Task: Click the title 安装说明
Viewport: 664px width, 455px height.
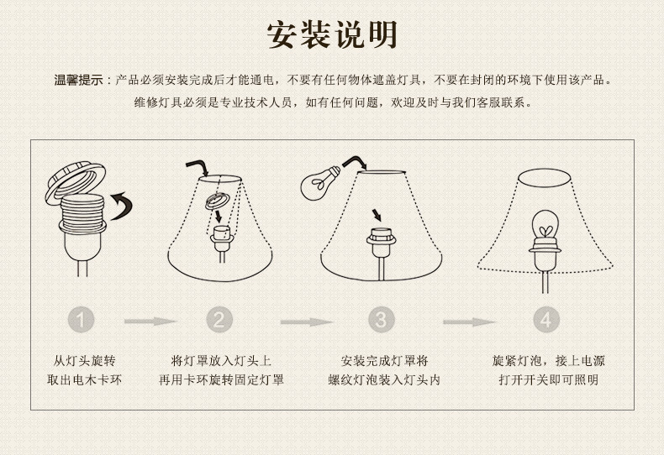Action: click(333, 35)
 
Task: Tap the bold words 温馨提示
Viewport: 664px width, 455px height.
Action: click(79, 80)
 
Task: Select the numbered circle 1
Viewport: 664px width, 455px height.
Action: click(81, 320)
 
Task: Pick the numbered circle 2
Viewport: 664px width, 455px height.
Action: click(219, 320)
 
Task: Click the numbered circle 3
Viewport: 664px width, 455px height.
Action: click(381, 320)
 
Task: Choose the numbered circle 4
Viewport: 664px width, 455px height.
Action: click(546, 320)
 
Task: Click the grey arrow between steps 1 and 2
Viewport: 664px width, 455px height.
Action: click(150, 322)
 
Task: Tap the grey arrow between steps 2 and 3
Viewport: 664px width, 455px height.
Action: click(307, 322)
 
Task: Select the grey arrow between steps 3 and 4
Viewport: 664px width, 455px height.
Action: click(470, 322)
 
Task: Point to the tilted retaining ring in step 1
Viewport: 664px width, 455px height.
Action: click(76, 182)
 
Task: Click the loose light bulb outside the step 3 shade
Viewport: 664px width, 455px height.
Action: click(319, 183)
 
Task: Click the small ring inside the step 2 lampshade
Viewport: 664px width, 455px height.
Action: click(218, 201)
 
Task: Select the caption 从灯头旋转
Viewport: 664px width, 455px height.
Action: click(84, 361)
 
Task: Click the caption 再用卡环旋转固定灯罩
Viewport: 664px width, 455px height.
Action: click(221, 379)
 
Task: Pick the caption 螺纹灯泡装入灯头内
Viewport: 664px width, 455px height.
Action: click(384, 379)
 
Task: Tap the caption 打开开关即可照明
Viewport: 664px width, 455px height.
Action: click(548, 379)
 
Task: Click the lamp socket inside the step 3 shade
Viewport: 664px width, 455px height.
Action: click(381, 243)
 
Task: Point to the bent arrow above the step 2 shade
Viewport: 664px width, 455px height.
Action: click(198, 166)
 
